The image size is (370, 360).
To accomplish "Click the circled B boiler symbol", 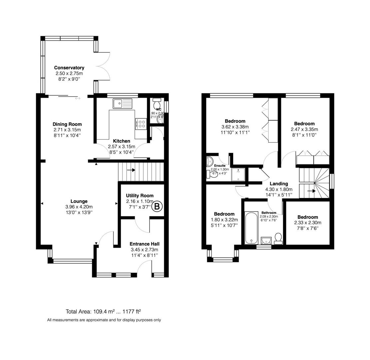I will (x=158, y=207).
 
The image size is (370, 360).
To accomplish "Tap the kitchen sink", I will (x=122, y=104).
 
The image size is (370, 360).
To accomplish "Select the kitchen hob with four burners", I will (x=141, y=124).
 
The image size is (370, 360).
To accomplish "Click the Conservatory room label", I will (x=69, y=68).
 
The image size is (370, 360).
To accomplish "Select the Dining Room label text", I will (x=67, y=124).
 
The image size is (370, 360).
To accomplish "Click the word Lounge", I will (x=79, y=201).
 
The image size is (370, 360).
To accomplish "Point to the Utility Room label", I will (x=140, y=196).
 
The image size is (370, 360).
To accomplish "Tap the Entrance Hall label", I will (x=144, y=244).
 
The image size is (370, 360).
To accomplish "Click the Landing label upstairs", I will (x=279, y=183).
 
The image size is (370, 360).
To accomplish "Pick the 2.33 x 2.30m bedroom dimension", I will (x=308, y=223).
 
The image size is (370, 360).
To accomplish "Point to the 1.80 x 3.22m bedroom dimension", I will (x=224, y=220).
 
